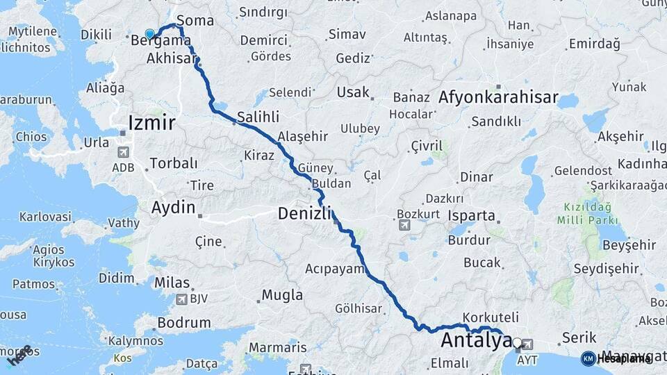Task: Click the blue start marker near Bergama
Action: click(149, 33)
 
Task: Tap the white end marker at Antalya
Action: click(517, 342)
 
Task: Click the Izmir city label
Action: click(151, 124)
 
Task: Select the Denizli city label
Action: click(306, 213)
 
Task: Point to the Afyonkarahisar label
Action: click(498, 98)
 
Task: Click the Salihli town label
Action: click(258, 118)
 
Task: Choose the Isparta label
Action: click(472, 215)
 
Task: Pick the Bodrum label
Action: click(184, 322)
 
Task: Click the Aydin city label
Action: click(174, 206)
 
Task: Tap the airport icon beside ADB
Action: click(124, 152)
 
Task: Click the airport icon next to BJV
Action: click(181, 299)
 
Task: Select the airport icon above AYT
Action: click(527, 344)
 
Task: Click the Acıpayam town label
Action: click(335, 268)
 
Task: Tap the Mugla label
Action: click(282, 295)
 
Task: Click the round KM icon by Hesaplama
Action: click(588, 358)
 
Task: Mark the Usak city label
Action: click(352, 92)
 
